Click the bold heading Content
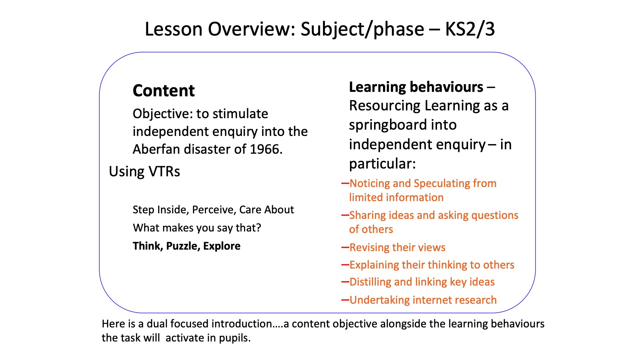[164, 91]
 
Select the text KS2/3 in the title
[470, 29]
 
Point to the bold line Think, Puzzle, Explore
[187, 246]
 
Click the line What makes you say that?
[197, 228]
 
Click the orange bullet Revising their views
[397, 247]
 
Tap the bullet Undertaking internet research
[423, 300]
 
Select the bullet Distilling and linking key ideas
[422, 282]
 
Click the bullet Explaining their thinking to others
[432, 265]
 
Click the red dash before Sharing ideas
[345, 215]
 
